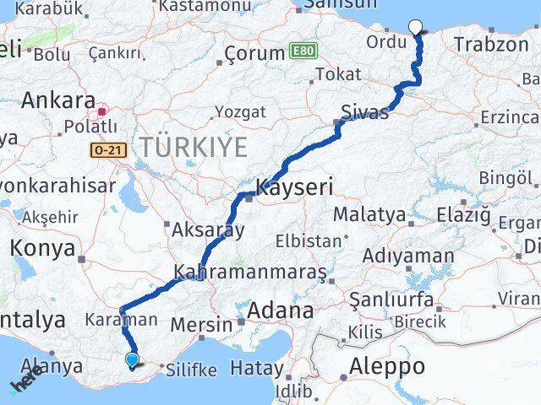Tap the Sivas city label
[365, 111]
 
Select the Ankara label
[57, 100]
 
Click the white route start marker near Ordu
[415, 26]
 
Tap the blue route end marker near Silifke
[132, 360]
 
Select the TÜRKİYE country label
[194, 147]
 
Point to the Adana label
[278, 310]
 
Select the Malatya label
[369, 215]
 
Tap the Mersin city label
[201, 324]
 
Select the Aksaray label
[208, 229]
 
